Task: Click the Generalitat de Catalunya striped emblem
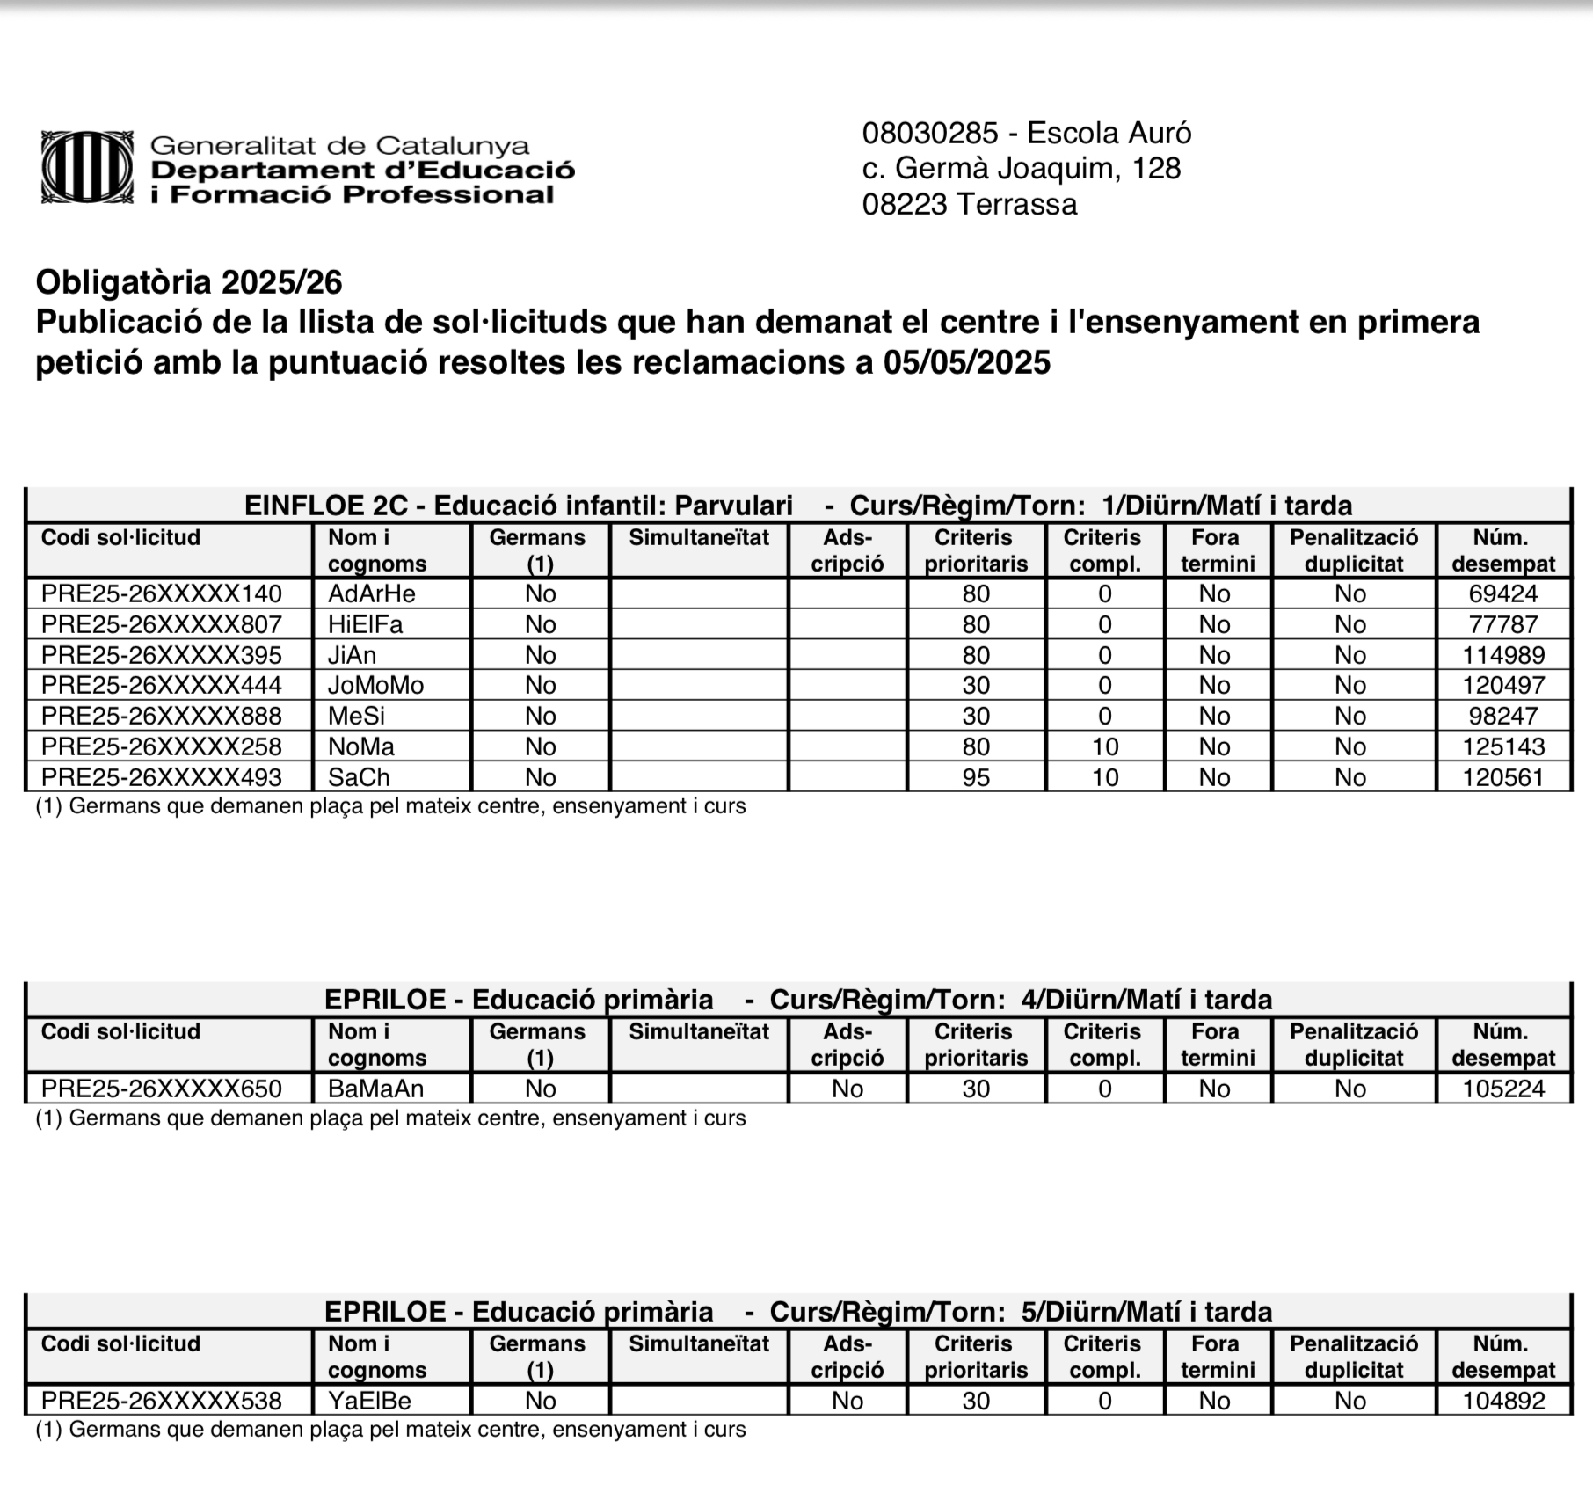pyautogui.click(x=87, y=168)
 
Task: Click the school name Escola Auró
pyautogui.click(x=1109, y=133)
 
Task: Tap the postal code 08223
pyautogui.click(x=905, y=204)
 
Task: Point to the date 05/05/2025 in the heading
pyautogui.click(x=966, y=362)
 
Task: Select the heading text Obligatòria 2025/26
pyautogui.click(x=189, y=282)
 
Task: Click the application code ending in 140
pyautogui.click(x=162, y=593)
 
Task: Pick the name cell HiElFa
pyautogui.click(x=365, y=624)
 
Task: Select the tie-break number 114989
pyautogui.click(x=1502, y=655)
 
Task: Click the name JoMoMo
pyautogui.click(x=375, y=685)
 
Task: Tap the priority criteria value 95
pyautogui.click(x=976, y=777)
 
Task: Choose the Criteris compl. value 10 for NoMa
pyautogui.click(x=1104, y=746)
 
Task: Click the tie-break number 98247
pyautogui.click(x=1502, y=716)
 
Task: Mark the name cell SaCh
pyautogui.click(x=359, y=777)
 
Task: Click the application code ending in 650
pyautogui.click(x=162, y=1089)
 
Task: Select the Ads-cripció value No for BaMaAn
pyautogui.click(x=847, y=1089)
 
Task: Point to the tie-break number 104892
pyautogui.click(x=1502, y=1401)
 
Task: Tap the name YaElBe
pyautogui.click(x=369, y=1401)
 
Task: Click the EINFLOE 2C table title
pyautogui.click(x=797, y=506)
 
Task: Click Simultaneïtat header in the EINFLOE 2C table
pyautogui.click(x=699, y=538)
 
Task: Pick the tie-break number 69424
pyautogui.click(x=1502, y=593)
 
